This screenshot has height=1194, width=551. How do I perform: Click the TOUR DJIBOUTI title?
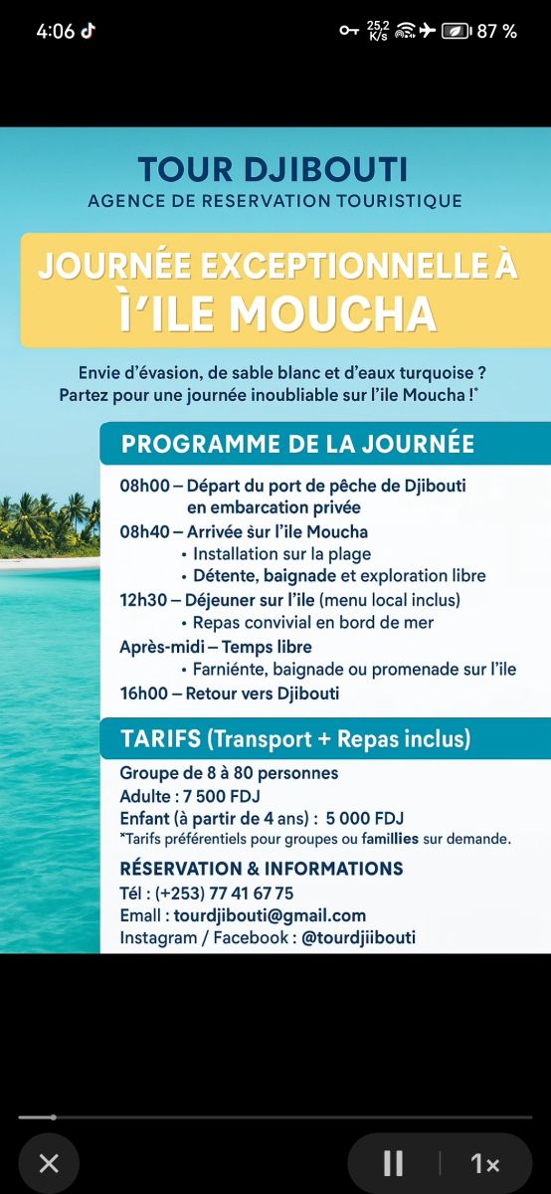pyautogui.click(x=273, y=169)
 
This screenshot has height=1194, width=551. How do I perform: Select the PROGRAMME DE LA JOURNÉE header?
pyautogui.click(x=297, y=444)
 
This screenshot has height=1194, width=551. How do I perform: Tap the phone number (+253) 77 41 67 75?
pyautogui.click(x=224, y=894)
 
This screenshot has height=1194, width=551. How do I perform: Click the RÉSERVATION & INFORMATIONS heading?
pyautogui.click(x=262, y=869)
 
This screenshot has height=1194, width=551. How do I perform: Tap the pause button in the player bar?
pyautogui.click(x=393, y=1163)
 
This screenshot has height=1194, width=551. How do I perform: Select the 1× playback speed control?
pyautogui.click(x=485, y=1163)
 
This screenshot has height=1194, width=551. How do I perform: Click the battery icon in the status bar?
pyautogui.click(x=457, y=31)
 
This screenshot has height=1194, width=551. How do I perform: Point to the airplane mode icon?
pyautogui.click(x=428, y=31)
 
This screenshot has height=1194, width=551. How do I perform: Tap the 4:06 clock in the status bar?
pyautogui.click(x=56, y=31)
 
